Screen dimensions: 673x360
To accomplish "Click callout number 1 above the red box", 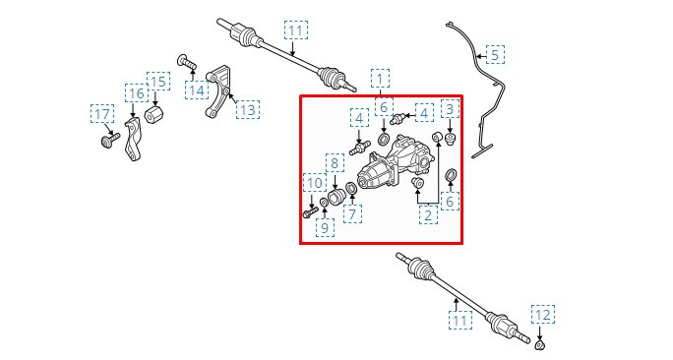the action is click(x=380, y=79).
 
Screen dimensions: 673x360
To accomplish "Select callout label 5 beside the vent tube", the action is click(x=495, y=54).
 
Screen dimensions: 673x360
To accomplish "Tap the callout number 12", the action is click(x=543, y=315).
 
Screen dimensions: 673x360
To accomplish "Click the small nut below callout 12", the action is click(x=540, y=343).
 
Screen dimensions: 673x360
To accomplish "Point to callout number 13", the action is click(x=248, y=109).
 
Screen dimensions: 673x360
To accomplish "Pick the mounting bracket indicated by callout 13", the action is click(x=218, y=91).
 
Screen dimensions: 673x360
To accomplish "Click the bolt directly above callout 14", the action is click(x=187, y=62).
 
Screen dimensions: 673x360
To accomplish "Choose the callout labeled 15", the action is click(x=158, y=82).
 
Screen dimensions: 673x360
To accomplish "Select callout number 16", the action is click(x=137, y=93).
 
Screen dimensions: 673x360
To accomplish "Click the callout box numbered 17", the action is click(x=102, y=114).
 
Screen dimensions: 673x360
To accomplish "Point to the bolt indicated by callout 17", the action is click(x=110, y=140).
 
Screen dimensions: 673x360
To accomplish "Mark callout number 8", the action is click(x=335, y=162).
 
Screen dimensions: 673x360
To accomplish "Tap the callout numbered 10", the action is click(x=315, y=183).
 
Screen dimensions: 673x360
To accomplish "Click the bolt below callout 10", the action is click(x=310, y=211).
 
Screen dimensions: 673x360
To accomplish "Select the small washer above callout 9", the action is click(x=324, y=202).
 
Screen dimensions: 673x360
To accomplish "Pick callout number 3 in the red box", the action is click(x=450, y=109).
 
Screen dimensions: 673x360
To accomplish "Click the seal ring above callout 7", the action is click(x=351, y=188).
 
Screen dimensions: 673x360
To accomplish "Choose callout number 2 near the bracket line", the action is click(x=428, y=214).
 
